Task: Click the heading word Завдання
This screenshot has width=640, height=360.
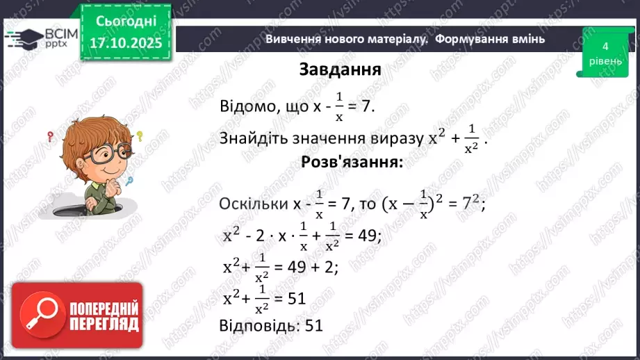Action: pyautogui.click(x=339, y=69)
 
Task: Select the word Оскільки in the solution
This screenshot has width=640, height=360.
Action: pyautogui.click(x=252, y=204)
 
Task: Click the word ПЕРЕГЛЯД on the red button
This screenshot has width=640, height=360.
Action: pyautogui.click(x=104, y=324)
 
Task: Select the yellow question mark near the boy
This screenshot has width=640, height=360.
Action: pyautogui.click(x=139, y=136)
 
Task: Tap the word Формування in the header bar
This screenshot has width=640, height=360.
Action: pyautogui.click(x=466, y=39)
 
